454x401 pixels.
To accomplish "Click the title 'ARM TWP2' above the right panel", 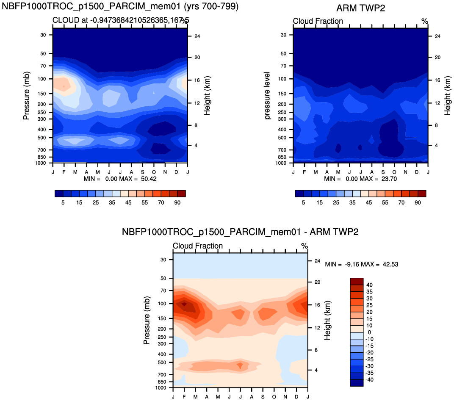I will tap(361, 8).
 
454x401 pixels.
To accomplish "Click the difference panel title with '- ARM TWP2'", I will tap(240, 232).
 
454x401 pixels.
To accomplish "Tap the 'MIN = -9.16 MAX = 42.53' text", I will tap(361, 264).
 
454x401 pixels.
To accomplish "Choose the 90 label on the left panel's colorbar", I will tap(177, 203).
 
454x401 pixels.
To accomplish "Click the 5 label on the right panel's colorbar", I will tap(303, 203).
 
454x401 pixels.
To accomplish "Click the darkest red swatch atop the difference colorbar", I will tap(357, 281).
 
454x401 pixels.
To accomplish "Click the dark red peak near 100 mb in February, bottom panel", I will tap(185, 304).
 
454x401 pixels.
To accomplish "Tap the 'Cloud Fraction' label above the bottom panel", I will tap(198, 246).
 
